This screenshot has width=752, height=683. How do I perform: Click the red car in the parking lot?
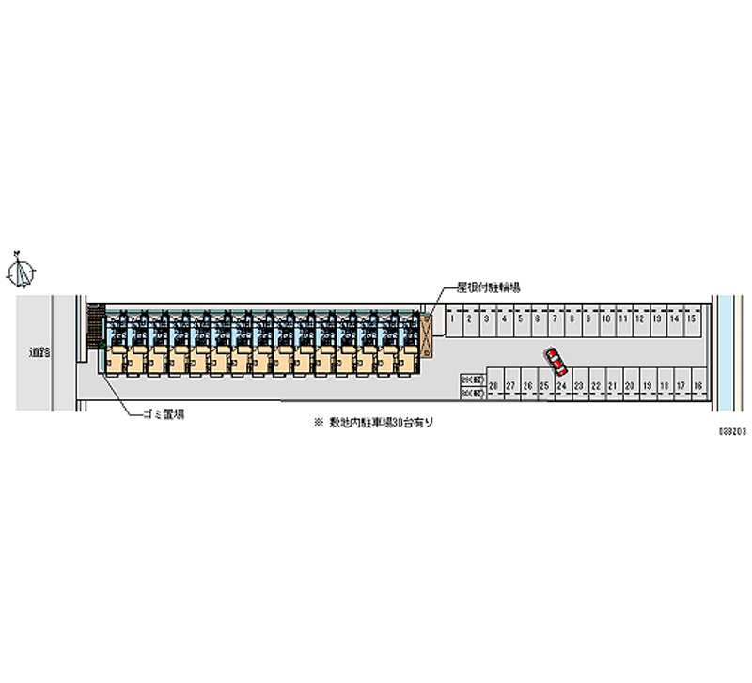click(x=556, y=360)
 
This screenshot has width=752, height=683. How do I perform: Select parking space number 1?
click(x=452, y=320)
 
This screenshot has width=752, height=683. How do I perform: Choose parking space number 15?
click(x=690, y=320)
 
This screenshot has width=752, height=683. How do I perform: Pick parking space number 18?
click(x=697, y=386)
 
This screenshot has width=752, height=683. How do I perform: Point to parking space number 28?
click(x=492, y=386)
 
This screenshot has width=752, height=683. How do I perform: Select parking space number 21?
click(x=612, y=386)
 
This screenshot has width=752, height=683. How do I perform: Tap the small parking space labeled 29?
click(x=471, y=380)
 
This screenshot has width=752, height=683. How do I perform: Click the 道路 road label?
click(x=39, y=352)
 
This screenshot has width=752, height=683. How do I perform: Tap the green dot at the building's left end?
click(x=101, y=345)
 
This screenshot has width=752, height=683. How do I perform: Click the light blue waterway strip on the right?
click(x=725, y=352)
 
